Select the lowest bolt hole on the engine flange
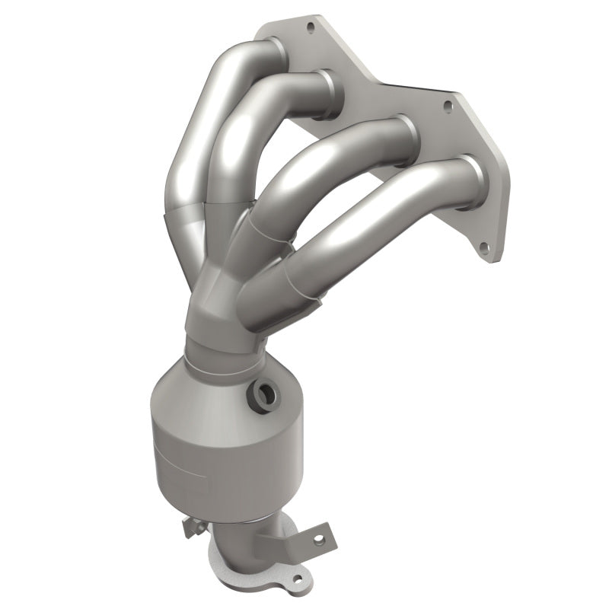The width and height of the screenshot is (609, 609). coord(483,247)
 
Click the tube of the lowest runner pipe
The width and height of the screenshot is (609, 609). coord(365,228)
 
